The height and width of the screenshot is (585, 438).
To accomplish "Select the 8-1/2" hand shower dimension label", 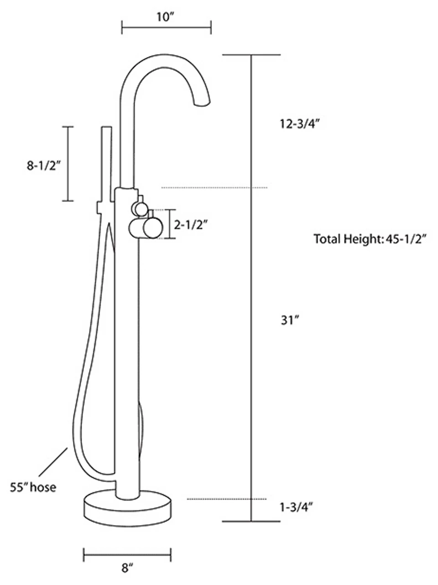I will (44, 165).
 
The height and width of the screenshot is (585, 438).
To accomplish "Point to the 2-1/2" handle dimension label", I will (191, 224).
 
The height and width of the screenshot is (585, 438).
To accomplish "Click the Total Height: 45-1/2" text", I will (370, 239).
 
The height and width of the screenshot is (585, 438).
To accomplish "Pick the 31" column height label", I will (289, 320).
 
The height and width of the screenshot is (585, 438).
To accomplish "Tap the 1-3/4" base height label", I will (296, 507).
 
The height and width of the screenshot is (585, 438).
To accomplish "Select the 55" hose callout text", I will (33, 487).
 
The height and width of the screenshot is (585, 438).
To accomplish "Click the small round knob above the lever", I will (140, 209).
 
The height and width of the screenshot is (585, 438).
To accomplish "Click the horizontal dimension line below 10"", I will (166, 27).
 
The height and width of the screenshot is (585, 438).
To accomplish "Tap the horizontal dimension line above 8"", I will (127, 555).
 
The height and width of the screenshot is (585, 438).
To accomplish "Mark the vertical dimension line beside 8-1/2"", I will (68, 164).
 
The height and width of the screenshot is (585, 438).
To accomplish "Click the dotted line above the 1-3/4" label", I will (227, 499).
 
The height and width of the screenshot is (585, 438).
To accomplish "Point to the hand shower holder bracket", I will (103, 207).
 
